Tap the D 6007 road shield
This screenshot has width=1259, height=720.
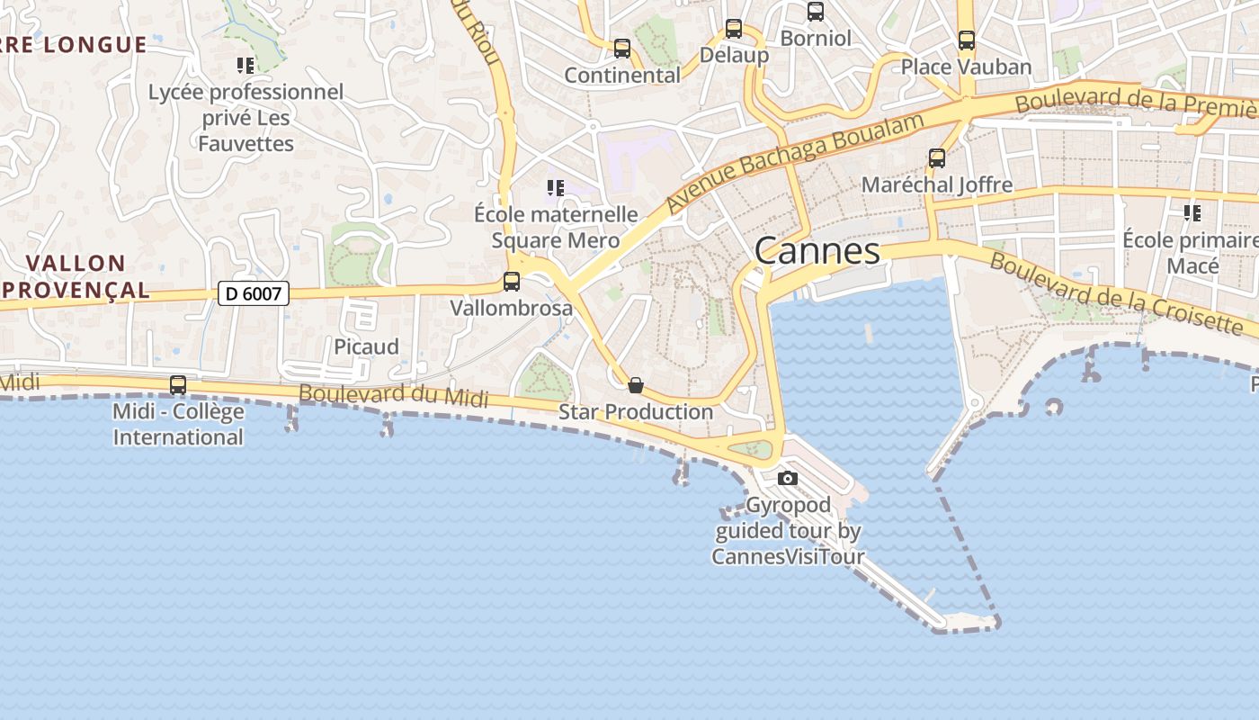(x=253, y=293)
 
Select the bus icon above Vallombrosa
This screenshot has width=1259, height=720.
(x=512, y=282)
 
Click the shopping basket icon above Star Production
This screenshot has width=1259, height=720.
(x=636, y=385)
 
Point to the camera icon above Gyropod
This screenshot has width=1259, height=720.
(x=788, y=478)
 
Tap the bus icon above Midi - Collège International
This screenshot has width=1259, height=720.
(x=178, y=385)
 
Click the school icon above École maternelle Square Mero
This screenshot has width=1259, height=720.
(x=556, y=188)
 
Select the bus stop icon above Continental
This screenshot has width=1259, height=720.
(x=621, y=49)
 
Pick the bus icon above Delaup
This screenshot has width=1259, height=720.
(x=734, y=29)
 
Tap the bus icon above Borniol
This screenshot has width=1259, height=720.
(x=816, y=12)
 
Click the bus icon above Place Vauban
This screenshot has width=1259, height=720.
(x=967, y=40)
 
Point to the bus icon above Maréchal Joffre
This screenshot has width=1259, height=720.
(x=937, y=158)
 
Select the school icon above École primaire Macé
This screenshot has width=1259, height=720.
(x=1192, y=213)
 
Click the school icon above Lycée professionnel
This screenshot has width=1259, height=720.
(x=246, y=65)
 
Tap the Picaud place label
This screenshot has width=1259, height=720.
(x=366, y=346)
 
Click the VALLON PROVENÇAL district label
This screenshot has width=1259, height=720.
(x=76, y=276)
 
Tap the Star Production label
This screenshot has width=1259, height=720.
(x=636, y=412)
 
